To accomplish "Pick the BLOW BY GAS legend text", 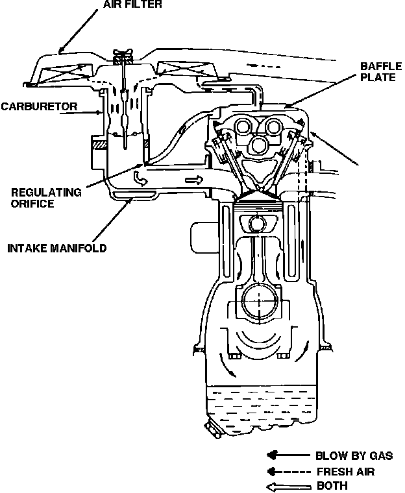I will (x=354, y=455).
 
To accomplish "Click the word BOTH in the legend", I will (x=332, y=485).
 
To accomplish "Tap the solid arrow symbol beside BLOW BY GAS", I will (x=286, y=455).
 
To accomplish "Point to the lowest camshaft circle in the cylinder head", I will (x=261, y=143).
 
